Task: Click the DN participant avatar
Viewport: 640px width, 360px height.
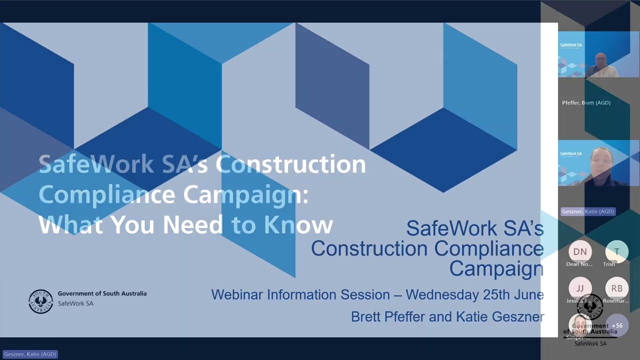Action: (x=580, y=252)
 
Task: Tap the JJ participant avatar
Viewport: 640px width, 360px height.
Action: (x=580, y=288)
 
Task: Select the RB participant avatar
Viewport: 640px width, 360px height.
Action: (x=616, y=288)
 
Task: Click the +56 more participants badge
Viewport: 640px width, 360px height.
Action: (x=617, y=325)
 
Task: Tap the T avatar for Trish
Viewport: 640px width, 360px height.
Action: (x=616, y=252)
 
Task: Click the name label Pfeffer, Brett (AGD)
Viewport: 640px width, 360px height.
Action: (x=586, y=103)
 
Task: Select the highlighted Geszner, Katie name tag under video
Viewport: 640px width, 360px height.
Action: (x=587, y=211)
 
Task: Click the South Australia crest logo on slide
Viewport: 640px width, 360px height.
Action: (x=40, y=301)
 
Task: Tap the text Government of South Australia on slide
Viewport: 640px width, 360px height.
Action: (x=102, y=293)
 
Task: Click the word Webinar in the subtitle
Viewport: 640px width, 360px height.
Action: (x=237, y=295)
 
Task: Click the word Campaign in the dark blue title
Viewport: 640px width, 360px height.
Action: (x=496, y=268)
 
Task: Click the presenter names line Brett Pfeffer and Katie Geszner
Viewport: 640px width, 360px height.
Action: (x=447, y=316)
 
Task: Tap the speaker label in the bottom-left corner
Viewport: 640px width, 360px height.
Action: (x=30, y=354)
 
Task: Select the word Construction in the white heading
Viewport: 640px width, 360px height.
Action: (x=290, y=164)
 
